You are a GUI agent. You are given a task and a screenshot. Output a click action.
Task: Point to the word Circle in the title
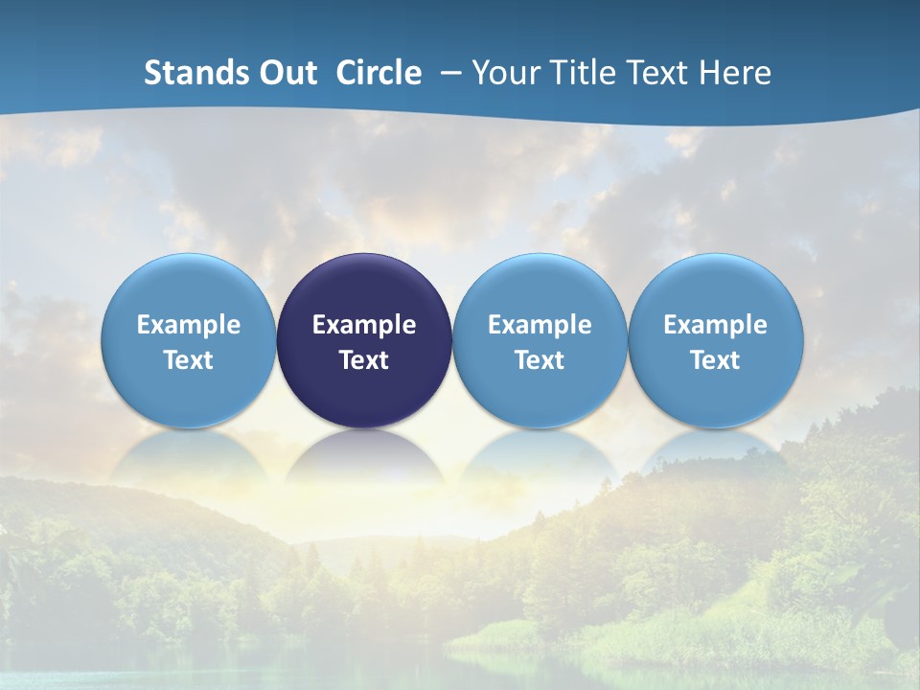point(379,73)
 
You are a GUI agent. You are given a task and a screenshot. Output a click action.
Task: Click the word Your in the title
point(506,73)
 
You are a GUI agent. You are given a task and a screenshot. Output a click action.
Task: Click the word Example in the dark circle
point(364,325)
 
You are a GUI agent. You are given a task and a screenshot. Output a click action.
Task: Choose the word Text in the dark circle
point(364,360)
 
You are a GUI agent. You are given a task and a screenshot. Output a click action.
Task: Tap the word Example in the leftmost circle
point(188,325)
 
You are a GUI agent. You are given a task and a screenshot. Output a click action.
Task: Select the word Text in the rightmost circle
point(715,360)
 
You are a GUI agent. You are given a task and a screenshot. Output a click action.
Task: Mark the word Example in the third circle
point(540,325)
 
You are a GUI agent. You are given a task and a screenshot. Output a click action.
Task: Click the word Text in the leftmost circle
point(188,360)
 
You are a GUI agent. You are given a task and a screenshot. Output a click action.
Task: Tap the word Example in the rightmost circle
point(715,325)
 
